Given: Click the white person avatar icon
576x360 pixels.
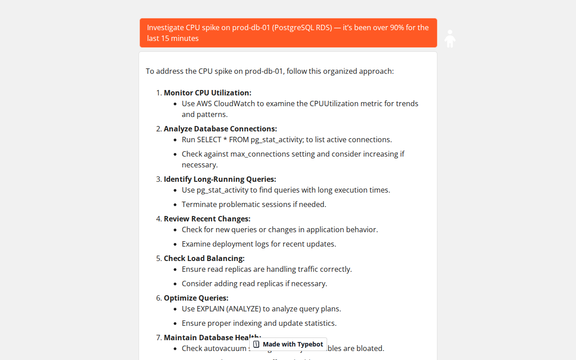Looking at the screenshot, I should click(450, 39).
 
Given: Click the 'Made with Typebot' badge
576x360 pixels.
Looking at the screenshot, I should click(288, 344).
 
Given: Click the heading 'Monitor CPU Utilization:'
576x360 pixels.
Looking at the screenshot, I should click(207, 93).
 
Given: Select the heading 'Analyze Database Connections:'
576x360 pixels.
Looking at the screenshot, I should click(220, 129).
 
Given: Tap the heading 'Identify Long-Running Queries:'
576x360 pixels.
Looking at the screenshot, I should click(220, 179).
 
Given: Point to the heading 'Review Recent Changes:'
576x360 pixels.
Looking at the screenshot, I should click(207, 219).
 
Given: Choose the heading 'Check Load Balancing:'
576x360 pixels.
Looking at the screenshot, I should click(204, 258).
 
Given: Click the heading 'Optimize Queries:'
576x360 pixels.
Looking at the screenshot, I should click(196, 298).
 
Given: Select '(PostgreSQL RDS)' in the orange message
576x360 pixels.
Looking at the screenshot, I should click(302, 27).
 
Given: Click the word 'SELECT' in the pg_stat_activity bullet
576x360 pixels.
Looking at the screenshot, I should click(209, 139).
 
